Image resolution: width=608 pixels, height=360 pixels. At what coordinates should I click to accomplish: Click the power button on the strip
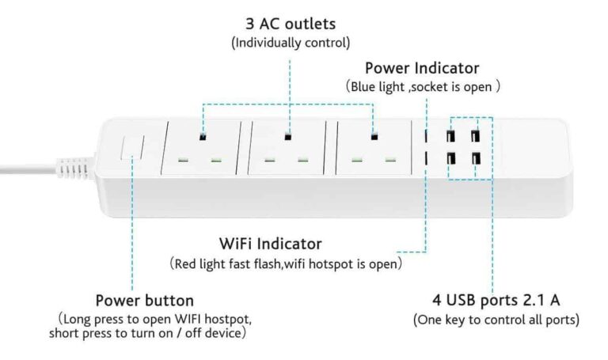pos(131,149)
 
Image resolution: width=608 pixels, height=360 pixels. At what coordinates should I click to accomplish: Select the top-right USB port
pos(477,135)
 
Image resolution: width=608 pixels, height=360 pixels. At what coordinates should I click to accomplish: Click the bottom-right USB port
pos(477,159)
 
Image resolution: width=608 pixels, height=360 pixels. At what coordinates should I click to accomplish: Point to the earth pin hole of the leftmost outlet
pos(203,137)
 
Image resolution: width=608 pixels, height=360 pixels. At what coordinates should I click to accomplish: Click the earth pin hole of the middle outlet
pos(288,137)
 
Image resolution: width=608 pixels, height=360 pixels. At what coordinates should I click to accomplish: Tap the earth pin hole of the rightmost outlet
pos(374,137)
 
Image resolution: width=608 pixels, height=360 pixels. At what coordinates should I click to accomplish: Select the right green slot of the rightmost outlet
pos(389,159)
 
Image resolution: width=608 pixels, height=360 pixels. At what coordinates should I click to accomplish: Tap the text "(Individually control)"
pos(290,43)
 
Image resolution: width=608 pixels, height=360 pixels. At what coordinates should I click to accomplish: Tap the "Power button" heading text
pos(144,301)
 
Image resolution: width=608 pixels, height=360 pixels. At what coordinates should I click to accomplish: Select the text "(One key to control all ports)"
pos(496,320)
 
